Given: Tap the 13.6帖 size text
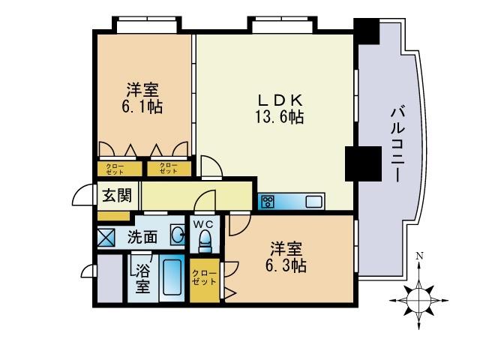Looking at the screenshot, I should click(279, 118).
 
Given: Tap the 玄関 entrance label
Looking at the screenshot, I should click(117, 196).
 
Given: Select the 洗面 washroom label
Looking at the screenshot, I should click(142, 237).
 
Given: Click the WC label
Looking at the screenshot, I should click(204, 223).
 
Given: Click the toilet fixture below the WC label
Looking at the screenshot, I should click(204, 241).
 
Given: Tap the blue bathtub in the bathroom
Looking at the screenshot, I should click(172, 280).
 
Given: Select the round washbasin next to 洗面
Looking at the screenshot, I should click(178, 236).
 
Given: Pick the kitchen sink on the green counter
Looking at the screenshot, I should click(313, 201).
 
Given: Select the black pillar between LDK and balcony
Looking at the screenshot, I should click(359, 164).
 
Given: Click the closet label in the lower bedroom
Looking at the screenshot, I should click(203, 277).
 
